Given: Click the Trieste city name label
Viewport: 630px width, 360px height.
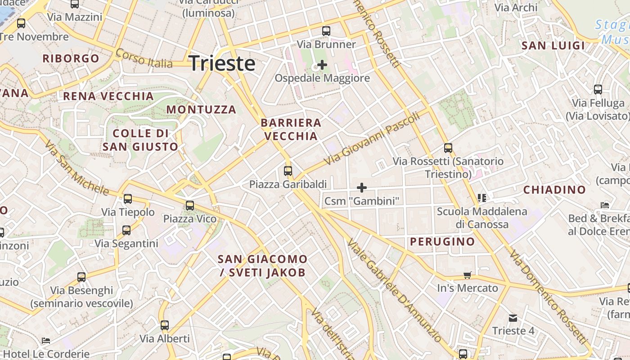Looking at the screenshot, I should pos(222,63).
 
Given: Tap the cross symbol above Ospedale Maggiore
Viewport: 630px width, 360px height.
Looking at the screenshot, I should pos(322,65).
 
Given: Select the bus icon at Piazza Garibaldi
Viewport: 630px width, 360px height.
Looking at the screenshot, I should pos(288,171).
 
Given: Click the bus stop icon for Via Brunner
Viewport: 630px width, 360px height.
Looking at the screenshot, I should pos(326,31).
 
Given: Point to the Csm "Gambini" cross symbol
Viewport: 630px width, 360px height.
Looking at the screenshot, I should pos(361,188).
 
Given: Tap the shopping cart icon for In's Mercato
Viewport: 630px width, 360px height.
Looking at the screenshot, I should pos(468,275).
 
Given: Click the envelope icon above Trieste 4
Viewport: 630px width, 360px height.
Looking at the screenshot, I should pos(513,318).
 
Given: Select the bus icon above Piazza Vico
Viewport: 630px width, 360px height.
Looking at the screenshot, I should pos(190,206).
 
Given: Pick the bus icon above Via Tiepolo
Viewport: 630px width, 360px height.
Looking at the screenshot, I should pos(128,198).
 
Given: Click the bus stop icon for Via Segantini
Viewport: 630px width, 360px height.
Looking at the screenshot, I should pos(126,230).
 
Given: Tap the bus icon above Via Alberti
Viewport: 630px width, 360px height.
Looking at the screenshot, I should pos(165,325).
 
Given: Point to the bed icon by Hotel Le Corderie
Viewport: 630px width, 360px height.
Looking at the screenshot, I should pos(46,341).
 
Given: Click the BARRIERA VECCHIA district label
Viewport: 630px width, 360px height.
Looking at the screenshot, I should pos(291,130).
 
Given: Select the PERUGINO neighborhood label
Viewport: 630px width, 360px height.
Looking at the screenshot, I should pos(442,242).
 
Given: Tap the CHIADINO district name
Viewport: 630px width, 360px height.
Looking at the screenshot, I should pos(554,190).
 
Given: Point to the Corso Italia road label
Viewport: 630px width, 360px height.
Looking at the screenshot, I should pos(144,58).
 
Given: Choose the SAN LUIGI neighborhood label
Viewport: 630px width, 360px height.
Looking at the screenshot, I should pos(553,45).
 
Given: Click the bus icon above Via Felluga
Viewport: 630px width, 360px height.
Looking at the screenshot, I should pos(598,90).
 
